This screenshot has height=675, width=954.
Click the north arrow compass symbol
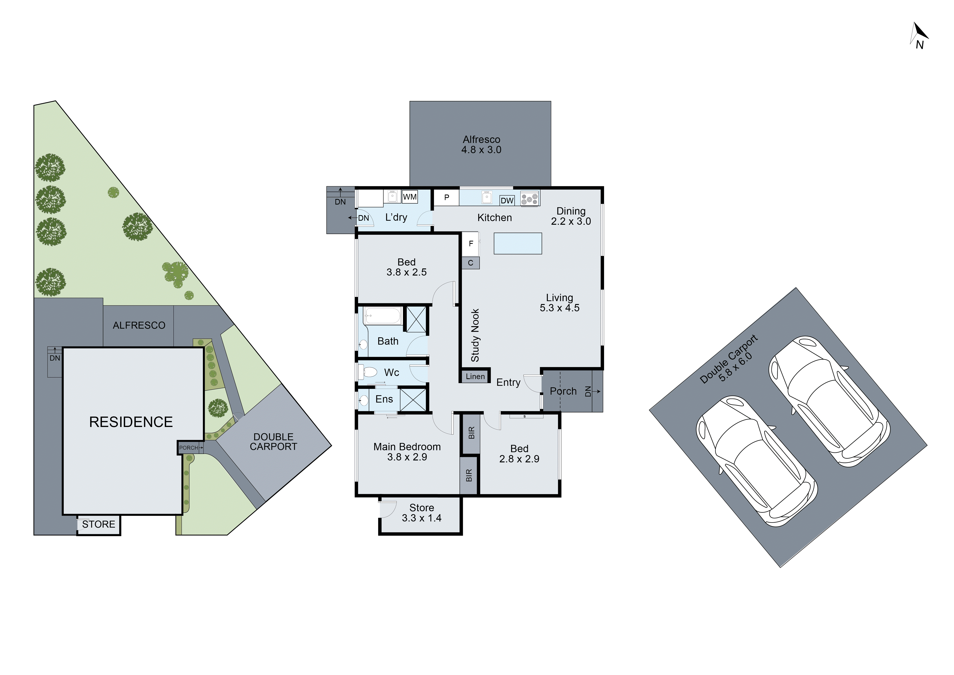point(919,37)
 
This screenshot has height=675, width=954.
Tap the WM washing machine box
point(410,197)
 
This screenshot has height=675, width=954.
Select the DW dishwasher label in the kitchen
point(507,201)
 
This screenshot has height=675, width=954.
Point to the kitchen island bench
point(518,244)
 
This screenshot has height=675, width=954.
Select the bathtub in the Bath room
point(382,316)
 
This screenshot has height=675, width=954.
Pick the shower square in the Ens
point(413,400)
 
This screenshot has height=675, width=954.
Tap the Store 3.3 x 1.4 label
point(422,513)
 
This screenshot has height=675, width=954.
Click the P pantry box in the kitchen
point(447,197)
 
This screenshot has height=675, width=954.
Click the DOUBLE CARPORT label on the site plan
point(273,442)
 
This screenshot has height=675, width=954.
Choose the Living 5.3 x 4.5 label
point(559,303)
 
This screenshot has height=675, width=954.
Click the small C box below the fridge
point(471,263)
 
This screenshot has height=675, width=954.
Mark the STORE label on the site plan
point(98,525)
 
